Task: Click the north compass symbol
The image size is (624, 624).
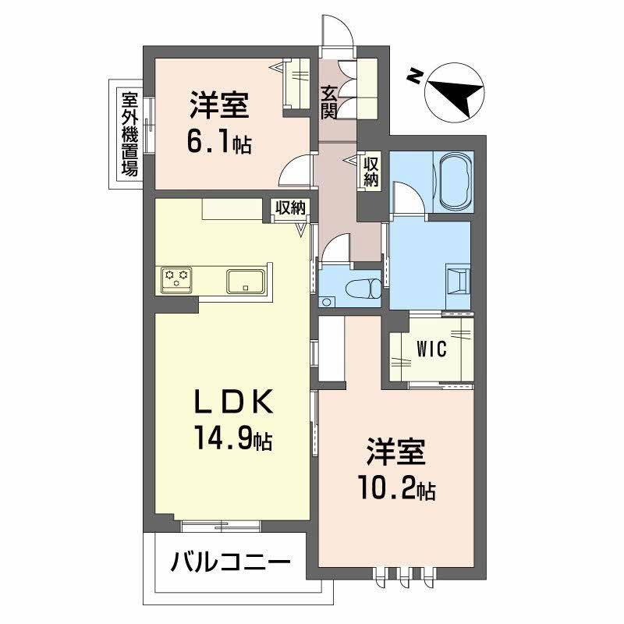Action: [x=452, y=91]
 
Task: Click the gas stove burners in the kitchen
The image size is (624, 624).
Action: [x=177, y=278]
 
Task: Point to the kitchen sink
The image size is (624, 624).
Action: [x=247, y=279]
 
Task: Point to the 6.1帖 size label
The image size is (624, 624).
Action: [x=218, y=142]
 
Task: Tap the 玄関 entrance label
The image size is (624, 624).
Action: [x=329, y=102]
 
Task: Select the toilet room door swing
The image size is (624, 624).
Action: [x=336, y=251]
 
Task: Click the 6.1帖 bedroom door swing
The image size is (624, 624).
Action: [x=297, y=169]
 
